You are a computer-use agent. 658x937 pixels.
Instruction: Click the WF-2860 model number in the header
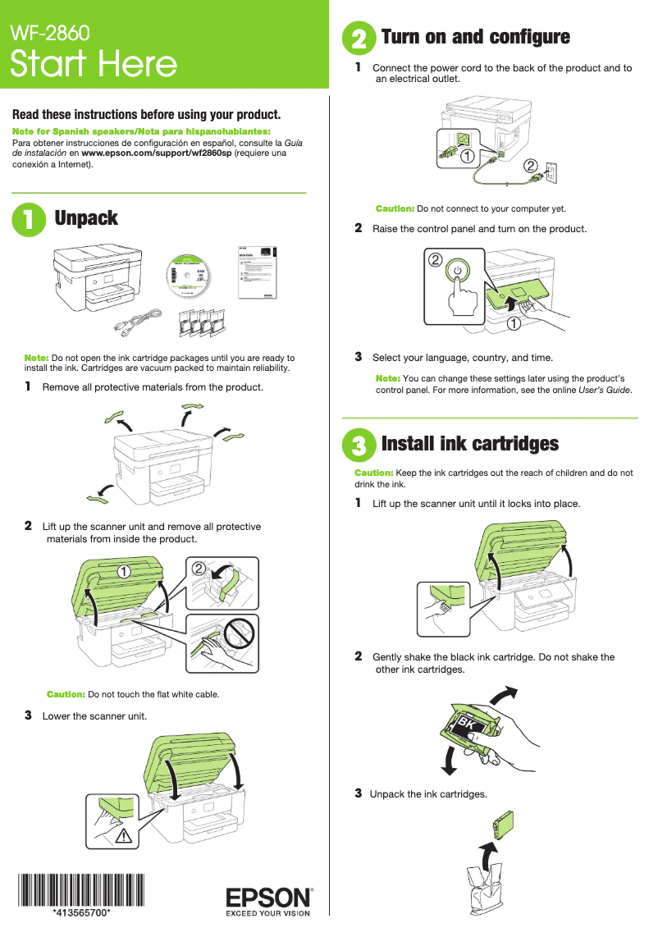pos(48,33)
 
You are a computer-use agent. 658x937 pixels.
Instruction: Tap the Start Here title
pos(94,64)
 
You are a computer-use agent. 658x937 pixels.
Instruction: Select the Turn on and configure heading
pos(475,37)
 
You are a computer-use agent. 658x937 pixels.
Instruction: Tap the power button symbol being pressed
pos(457,270)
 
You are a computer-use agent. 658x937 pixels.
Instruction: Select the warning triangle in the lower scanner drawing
pos(125,836)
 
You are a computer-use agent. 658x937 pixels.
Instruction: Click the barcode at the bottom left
pos(81,889)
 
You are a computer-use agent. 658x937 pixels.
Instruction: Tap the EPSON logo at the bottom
pos(268,897)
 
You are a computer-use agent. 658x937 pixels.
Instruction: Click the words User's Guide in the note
pos(605,390)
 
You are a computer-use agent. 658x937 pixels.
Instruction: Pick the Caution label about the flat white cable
pos(66,694)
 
